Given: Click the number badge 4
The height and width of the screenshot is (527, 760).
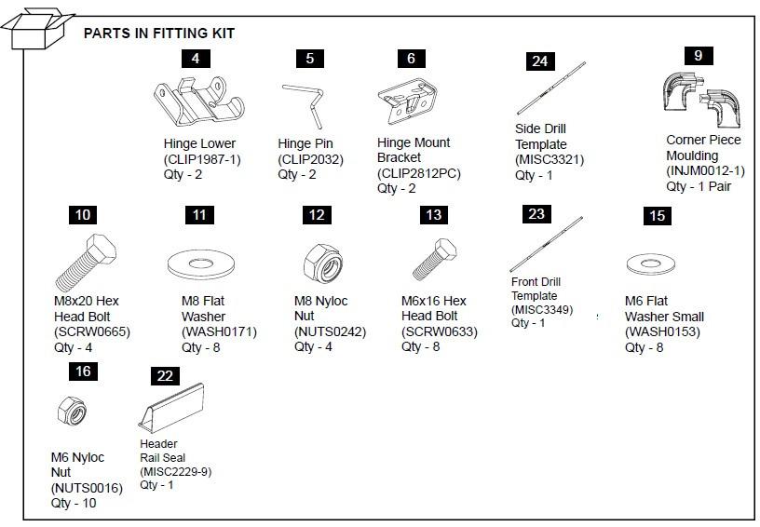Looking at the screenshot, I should coord(195,58).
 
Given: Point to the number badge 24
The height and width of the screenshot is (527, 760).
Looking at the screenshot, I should coord(539,61).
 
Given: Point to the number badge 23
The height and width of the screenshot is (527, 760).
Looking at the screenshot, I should coord(536,214).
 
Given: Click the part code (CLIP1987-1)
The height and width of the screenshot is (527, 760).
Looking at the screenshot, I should coord(201,159).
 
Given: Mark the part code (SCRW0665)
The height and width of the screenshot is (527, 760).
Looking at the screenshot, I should coord(91,331).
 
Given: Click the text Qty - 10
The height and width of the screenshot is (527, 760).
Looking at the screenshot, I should coord(74,503).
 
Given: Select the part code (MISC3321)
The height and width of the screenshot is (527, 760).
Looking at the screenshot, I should coord(550,159).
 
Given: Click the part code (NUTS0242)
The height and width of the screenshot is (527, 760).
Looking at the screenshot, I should coord(332,331).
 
